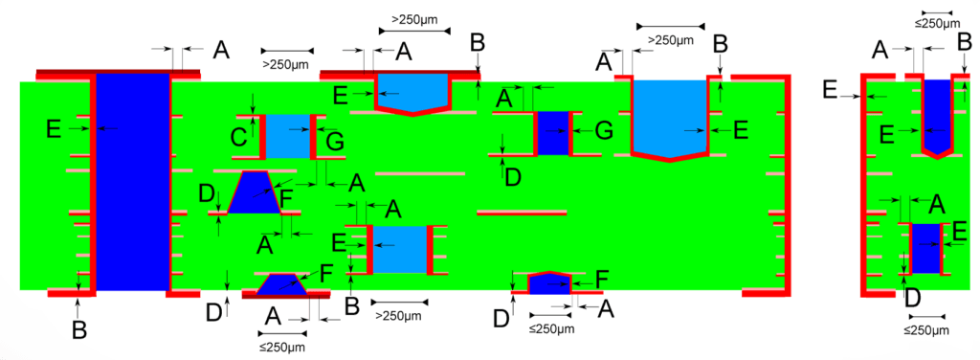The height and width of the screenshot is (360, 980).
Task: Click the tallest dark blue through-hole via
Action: click(x=133, y=182)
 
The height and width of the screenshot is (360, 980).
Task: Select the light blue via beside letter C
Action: click(x=287, y=136)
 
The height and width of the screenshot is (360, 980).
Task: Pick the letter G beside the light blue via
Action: click(x=335, y=142)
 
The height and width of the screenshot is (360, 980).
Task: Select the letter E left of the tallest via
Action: click(x=55, y=126)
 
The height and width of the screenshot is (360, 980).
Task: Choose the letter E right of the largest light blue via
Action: click(x=740, y=130)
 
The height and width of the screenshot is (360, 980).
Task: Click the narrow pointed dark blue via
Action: click(x=937, y=115)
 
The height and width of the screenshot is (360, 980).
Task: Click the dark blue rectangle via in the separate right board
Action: click(x=925, y=247)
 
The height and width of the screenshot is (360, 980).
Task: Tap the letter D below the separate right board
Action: click(x=912, y=298)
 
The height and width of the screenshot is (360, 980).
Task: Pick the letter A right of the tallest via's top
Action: click(x=219, y=50)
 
